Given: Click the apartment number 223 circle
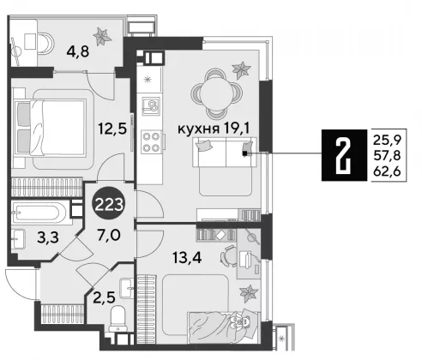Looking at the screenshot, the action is [x=109, y=204].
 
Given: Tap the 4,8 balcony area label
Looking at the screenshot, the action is [x=78, y=51].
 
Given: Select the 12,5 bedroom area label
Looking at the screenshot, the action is [x=112, y=128].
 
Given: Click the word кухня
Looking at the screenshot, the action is [x=199, y=129].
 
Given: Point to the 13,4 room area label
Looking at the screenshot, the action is [x=187, y=258].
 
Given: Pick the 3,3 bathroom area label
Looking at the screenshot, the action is [x=48, y=237].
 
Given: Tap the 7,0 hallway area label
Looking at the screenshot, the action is [x=109, y=235].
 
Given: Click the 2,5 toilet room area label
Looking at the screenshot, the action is [x=104, y=297].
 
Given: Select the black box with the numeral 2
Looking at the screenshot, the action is [x=344, y=155].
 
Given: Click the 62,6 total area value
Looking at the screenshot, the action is [x=388, y=171].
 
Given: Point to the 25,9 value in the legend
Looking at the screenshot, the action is [x=388, y=141].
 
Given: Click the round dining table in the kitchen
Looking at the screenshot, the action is [x=216, y=93].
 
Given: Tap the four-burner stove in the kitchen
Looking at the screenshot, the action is [x=152, y=142].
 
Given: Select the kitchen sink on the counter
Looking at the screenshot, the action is [x=151, y=105].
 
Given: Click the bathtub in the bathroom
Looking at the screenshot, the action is [x=40, y=213].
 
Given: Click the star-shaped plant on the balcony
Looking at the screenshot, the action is [x=102, y=36].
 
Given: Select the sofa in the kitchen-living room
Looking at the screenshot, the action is [x=225, y=152].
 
